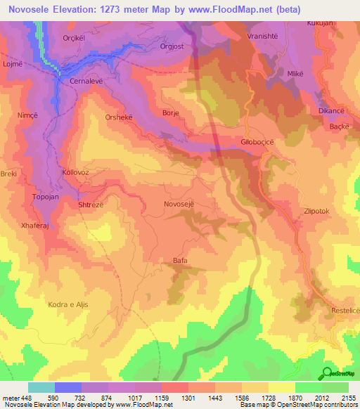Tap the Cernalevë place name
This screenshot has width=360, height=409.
(86, 82)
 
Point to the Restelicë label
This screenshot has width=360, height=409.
(344, 310)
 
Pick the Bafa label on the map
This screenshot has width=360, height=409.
(180, 261)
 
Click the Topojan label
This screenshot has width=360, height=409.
(46, 198)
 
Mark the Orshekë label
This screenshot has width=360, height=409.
(118, 117)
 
